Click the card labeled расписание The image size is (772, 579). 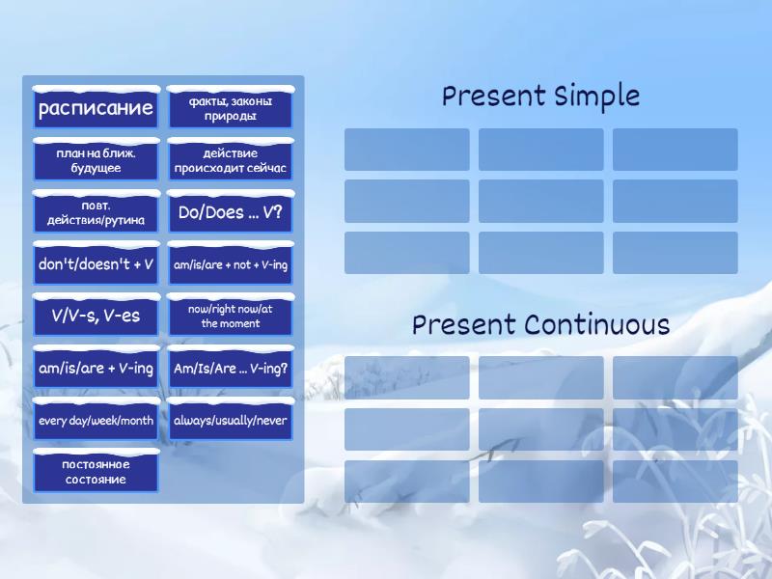pyautogui.click(x=96, y=108)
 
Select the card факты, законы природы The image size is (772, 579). pyautogui.click(x=231, y=108)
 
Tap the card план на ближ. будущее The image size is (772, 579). pyautogui.click(x=96, y=160)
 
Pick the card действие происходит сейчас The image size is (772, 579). pyautogui.click(x=231, y=160)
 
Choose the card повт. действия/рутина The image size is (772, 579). pyautogui.click(x=96, y=212)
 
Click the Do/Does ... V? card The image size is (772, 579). pyautogui.click(x=231, y=212)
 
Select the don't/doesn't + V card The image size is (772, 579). pyautogui.click(x=96, y=264)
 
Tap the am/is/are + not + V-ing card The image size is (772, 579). pyautogui.click(x=231, y=264)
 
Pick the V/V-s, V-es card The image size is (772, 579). pyautogui.click(x=96, y=316)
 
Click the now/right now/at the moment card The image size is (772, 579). pyautogui.click(x=231, y=316)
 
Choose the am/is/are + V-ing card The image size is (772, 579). pyautogui.click(x=96, y=368)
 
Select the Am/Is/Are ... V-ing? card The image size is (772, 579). pyautogui.click(x=231, y=368)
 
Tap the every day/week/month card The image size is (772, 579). pyautogui.click(x=96, y=420)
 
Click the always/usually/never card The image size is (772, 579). pyautogui.click(x=231, y=420)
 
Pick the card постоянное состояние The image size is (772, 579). pyautogui.click(x=96, y=472)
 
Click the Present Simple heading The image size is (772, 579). pyautogui.click(x=540, y=96)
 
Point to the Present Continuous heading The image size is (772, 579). pyautogui.click(x=540, y=325)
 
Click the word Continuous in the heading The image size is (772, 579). pyautogui.click(x=596, y=325)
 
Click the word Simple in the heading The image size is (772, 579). pyautogui.click(x=596, y=96)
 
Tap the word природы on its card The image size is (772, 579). pyautogui.click(x=231, y=117)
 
